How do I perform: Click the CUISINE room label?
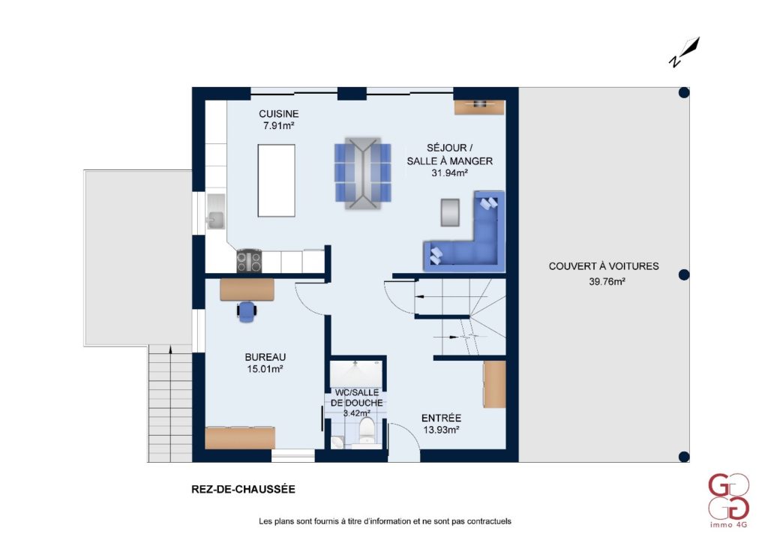[x=279, y=113]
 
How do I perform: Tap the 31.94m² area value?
[x=450, y=172]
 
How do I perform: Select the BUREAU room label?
[x=265, y=357]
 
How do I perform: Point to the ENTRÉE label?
[x=441, y=418]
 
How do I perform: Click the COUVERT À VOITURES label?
[x=604, y=266]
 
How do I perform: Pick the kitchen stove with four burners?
[x=249, y=260]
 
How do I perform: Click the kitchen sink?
[x=215, y=211]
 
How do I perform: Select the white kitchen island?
[x=276, y=180]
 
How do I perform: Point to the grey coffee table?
[x=450, y=212]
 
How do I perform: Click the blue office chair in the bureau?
[x=247, y=311]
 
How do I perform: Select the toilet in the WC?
[x=367, y=430]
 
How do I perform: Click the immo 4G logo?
[x=729, y=500]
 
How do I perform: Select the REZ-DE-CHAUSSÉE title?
[x=244, y=489]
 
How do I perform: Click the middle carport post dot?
[x=684, y=274]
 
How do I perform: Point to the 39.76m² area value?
[x=607, y=281]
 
